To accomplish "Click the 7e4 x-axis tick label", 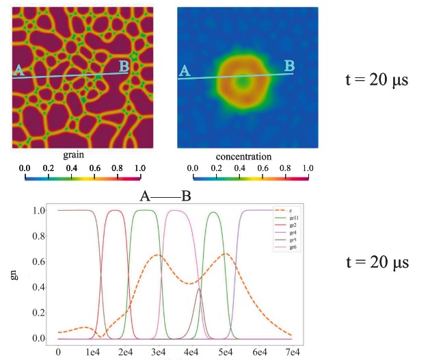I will coord(293,351).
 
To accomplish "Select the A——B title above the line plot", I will coord(165,196).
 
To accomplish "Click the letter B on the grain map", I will coord(124,66).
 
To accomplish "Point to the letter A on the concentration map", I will coord(183,70).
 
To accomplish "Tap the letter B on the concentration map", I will coord(289,65).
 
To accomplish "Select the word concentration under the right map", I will coord(243,156).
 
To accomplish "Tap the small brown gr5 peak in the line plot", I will coord(199,290).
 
